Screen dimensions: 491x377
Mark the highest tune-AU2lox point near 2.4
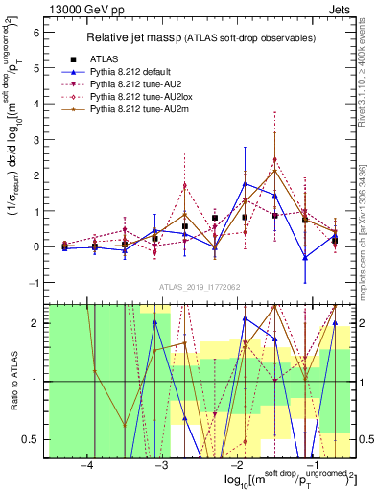coord(274,160)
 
